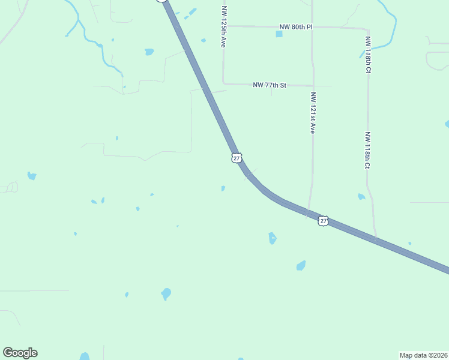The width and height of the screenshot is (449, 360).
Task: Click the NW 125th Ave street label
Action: point(224,28)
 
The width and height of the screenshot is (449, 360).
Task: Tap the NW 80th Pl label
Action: point(296,27)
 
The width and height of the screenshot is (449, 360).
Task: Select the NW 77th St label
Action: point(270,86)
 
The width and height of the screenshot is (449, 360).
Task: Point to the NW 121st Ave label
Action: point(313,112)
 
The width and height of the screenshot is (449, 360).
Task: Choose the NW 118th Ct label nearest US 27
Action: point(367,151)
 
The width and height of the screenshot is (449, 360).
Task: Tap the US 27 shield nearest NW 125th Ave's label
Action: point(237,158)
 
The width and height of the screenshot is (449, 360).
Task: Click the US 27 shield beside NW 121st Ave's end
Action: point(324,221)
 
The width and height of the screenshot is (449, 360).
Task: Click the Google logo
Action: point(20,353)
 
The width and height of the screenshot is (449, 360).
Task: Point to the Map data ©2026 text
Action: point(423,355)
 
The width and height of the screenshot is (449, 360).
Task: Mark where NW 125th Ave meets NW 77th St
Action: point(223,84)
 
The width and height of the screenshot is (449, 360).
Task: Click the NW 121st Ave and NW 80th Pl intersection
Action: point(312,27)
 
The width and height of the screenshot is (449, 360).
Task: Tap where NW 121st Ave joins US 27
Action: point(308,214)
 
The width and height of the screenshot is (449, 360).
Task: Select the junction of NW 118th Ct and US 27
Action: point(376,239)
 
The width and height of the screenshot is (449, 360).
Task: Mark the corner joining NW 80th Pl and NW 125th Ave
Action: point(223,26)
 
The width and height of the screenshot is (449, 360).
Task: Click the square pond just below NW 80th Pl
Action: point(279,34)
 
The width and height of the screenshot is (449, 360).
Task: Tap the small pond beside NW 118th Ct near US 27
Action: point(361,197)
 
